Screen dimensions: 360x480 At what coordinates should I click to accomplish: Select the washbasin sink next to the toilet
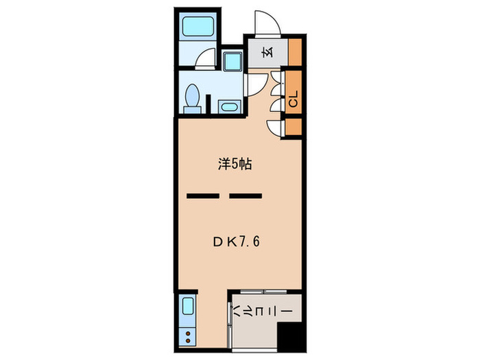228,106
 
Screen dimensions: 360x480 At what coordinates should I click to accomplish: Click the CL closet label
293,101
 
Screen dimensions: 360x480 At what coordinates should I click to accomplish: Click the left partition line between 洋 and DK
202,196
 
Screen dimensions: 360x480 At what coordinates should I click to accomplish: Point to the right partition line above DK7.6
245,196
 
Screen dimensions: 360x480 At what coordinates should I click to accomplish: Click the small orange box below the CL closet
294,127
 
